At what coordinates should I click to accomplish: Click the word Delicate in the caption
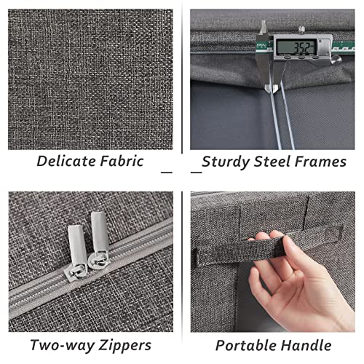pyautogui.click(x=66, y=161)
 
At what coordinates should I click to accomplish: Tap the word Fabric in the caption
pyautogui.click(x=122, y=161)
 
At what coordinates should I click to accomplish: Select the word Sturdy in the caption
pyautogui.click(x=226, y=162)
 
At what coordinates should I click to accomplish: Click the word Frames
pyautogui.click(x=320, y=162)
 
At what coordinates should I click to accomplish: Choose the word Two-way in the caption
pyautogui.click(x=63, y=346)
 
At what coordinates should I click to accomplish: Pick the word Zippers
pyautogui.click(x=124, y=346)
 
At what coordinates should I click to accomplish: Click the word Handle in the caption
pyautogui.click(x=306, y=345)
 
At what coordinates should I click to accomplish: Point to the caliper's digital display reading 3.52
pyautogui.click(x=296, y=47)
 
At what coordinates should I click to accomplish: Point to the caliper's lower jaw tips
pyautogui.click(x=272, y=88)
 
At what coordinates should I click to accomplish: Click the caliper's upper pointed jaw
pyautogui.click(x=264, y=27)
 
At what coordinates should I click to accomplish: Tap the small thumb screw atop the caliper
pyautogui.click(x=301, y=30)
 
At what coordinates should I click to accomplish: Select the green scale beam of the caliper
pyautogui.click(x=343, y=46)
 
